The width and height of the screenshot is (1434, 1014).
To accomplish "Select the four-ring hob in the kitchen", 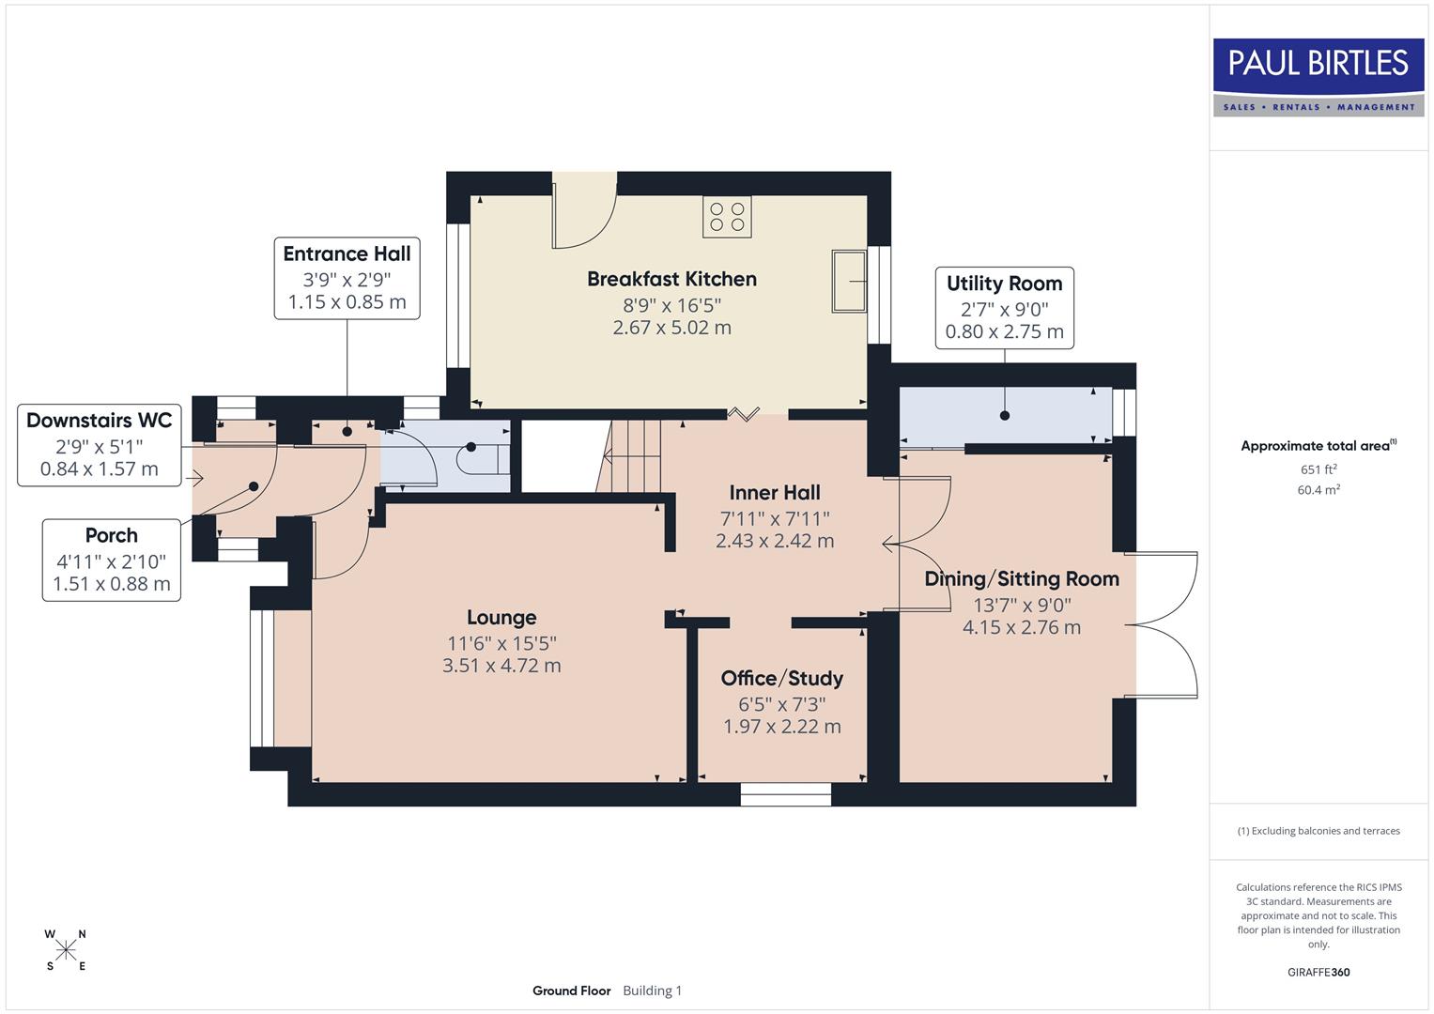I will (727, 217).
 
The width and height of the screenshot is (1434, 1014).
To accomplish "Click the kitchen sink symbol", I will (849, 281).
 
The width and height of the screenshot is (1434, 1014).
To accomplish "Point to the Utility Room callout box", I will (1004, 307).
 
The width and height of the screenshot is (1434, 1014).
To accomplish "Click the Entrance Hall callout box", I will (347, 278).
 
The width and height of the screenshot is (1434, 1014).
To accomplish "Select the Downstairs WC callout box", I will (100, 444).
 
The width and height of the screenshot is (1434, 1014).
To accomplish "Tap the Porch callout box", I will (112, 560).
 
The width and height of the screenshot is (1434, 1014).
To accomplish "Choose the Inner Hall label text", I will (775, 493).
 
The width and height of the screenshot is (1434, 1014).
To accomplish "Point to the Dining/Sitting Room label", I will (1022, 579).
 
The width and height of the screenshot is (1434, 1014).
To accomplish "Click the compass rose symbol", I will (66, 950).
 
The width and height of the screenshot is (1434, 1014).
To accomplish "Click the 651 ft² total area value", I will (1318, 469).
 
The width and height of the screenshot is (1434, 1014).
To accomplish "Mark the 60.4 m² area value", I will (1318, 489).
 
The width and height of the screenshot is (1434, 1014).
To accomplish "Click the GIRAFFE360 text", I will (1318, 972).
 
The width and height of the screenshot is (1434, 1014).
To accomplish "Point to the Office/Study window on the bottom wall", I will (786, 794).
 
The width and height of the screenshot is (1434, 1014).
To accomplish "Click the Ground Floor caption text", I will (571, 991).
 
